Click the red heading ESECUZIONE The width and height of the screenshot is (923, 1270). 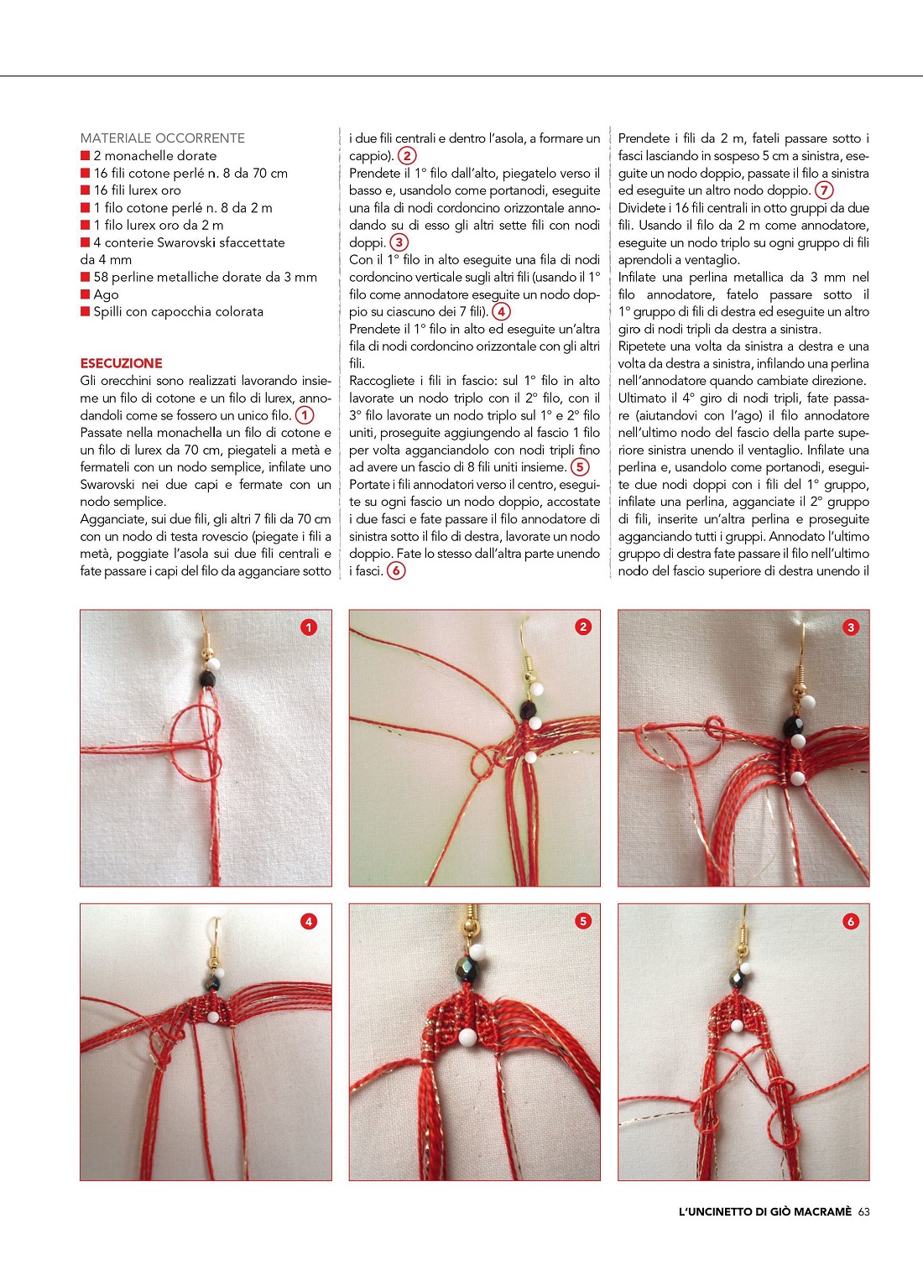[121, 363]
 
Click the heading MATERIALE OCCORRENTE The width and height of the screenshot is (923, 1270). [162, 138]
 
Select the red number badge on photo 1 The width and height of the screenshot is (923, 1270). [309, 627]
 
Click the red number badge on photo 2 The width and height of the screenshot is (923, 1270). [583, 627]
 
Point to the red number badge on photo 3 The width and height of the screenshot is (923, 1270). [850, 627]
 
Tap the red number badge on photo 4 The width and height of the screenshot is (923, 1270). [309, 921]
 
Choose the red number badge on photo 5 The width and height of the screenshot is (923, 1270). [583, 921]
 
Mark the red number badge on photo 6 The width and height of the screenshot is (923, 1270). [850, 921]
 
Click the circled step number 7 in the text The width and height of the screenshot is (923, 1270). [824, 190]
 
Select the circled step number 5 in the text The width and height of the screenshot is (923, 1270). [579, 467]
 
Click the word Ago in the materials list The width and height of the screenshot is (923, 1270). [106, 294]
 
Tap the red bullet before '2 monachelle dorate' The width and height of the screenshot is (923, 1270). [85, 155]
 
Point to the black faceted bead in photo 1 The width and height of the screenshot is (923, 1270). [209, 679]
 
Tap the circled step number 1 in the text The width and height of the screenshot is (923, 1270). [305, 415]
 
